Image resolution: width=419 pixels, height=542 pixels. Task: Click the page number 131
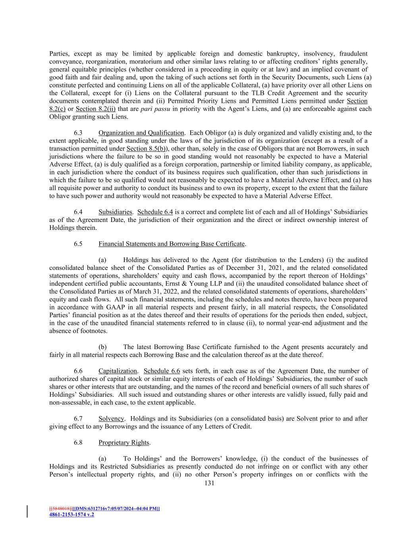209,483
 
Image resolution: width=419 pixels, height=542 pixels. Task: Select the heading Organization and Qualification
141,133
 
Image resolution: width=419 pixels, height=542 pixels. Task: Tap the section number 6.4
78,212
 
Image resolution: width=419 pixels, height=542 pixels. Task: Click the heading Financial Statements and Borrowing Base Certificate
172,244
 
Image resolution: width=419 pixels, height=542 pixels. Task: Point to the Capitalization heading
118,371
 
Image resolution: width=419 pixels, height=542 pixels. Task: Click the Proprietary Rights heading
124,442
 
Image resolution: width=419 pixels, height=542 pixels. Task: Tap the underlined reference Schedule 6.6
162,371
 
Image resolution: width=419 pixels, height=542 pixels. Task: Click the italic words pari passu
146,109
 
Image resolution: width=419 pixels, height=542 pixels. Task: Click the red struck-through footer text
60,509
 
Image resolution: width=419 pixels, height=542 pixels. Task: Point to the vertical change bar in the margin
27,511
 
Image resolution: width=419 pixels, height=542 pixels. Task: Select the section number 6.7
78,419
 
